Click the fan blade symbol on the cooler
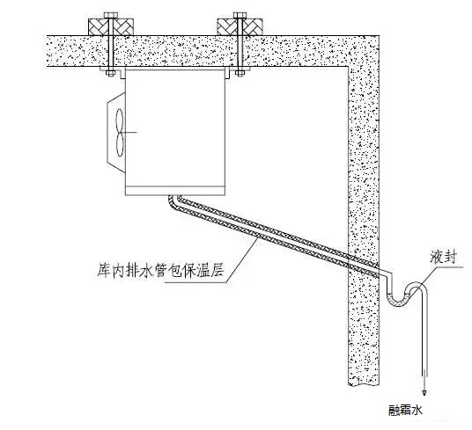point(123,132)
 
